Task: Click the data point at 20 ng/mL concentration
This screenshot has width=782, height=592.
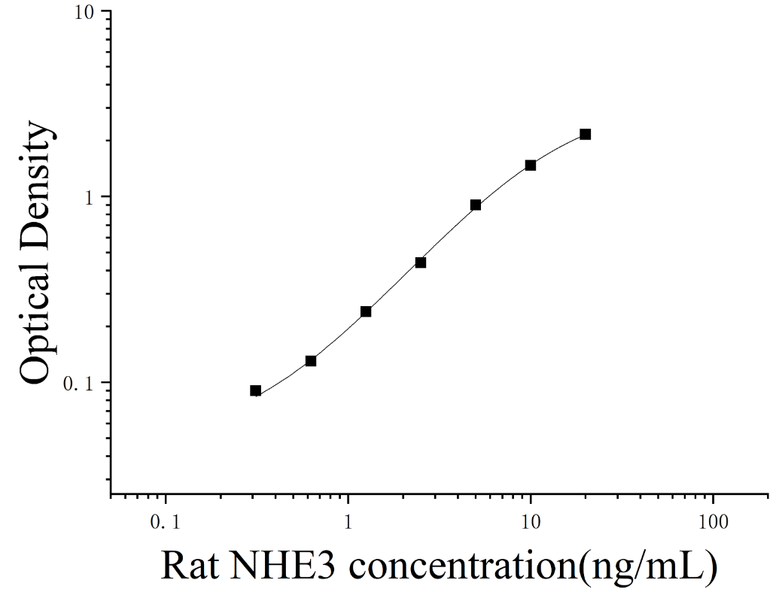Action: point(585,134)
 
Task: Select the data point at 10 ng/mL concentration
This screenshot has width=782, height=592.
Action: point(530,165)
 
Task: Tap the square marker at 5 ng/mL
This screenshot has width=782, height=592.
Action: point(475,205)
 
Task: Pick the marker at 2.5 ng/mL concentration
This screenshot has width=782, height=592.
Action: point(421,262)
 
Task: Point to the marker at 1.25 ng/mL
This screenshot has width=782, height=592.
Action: point(366,311)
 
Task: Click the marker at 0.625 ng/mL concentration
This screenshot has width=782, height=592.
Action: point(311,361)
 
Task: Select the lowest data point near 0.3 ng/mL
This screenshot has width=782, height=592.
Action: point(255,390)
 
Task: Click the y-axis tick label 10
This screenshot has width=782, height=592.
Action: point(85,12)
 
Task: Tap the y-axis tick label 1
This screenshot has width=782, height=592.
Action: point(90,198)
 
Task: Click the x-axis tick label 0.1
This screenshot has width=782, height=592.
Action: point(166,522)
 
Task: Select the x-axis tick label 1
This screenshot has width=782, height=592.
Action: point(348,522)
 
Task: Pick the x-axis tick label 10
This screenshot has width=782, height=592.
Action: point(531,522)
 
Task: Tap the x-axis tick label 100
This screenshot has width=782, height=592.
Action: point(714,522)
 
